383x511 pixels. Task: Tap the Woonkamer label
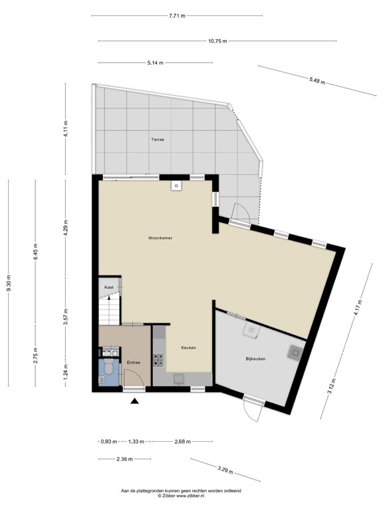coord(160,238)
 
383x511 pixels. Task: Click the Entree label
coord(133,362)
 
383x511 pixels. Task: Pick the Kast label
coord(109,287)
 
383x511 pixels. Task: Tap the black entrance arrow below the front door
coord(135,401)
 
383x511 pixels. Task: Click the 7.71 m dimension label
coord(177,15)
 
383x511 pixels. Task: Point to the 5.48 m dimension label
coord(318,81)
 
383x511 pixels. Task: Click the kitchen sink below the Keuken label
coord(179,378)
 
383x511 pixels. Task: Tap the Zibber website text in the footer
coord(180,496)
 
